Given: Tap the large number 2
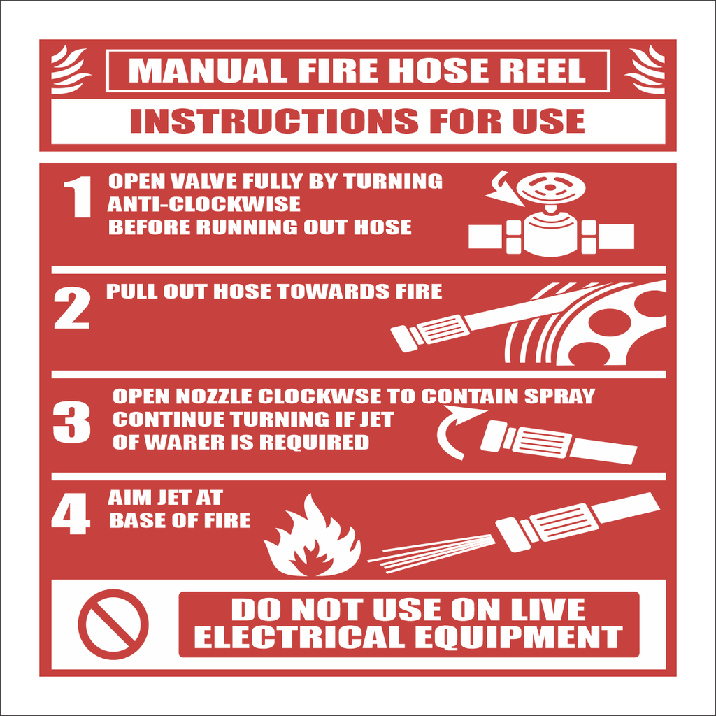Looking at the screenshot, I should pyautogui.click(x=72, y=308).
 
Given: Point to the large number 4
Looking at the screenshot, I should pyautogui.click(x=71, y=515).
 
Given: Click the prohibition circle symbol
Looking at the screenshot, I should pyautogui.click(x=113, y=624).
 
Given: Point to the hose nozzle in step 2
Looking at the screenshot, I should pyautogui.click(x=430, y=331).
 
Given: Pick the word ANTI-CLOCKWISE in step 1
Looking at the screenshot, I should pyautogui.click(x=204, y=204).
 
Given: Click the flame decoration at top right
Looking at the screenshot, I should pyautogui.click(x=644, y=69).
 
